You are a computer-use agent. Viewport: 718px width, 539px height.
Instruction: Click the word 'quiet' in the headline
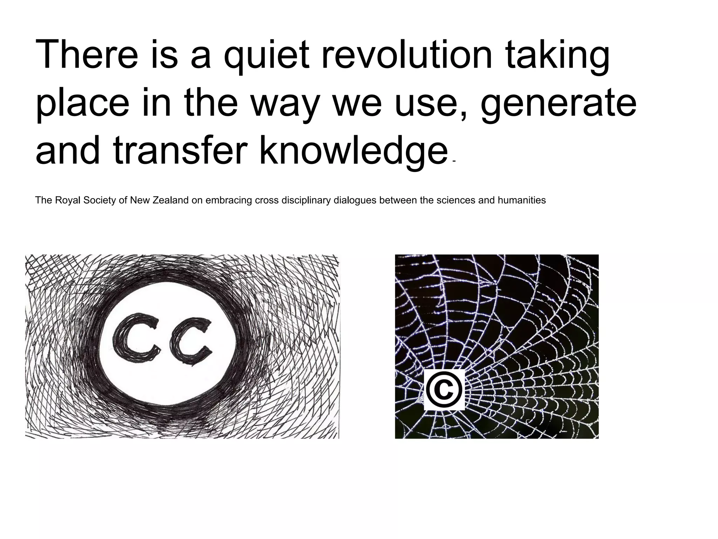267,56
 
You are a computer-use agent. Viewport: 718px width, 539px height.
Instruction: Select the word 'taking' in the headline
557,56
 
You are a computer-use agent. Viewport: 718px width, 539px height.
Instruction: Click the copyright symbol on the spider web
444,390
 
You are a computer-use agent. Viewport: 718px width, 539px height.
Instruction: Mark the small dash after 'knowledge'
454,161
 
